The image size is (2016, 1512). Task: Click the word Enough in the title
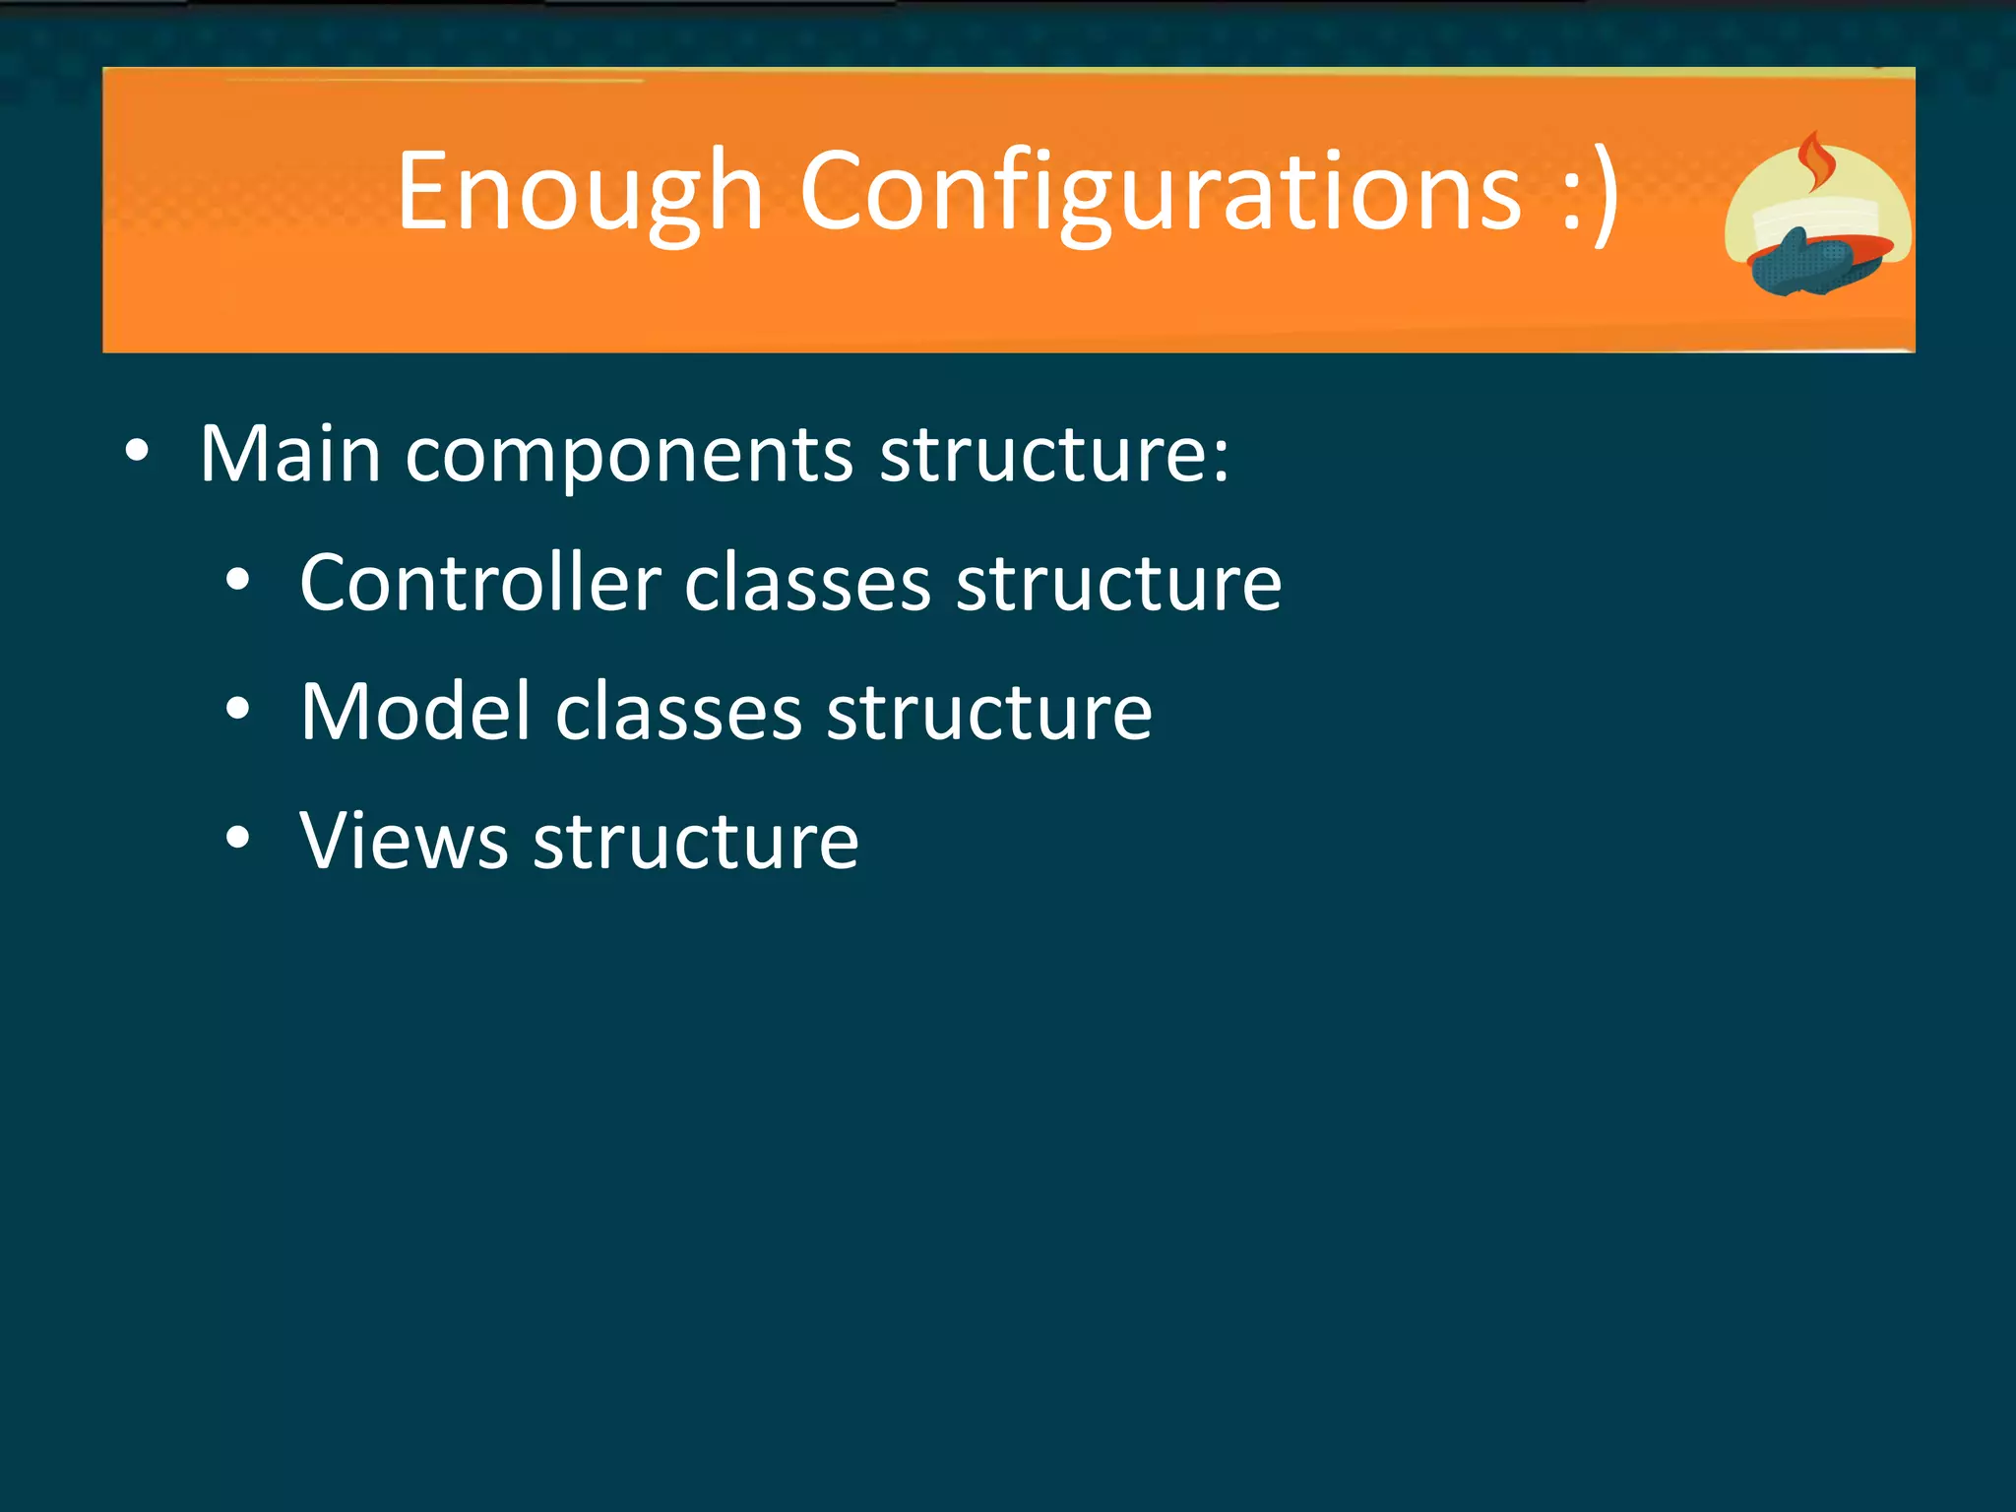tap(581, 192)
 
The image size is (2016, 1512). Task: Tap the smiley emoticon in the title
tap(1590, 192)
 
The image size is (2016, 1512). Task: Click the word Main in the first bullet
tap(290, 455)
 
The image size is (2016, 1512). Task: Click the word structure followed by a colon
tap(1053, 455)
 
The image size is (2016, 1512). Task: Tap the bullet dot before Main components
tap(138, 452)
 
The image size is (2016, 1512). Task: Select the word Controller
tap(480, 583)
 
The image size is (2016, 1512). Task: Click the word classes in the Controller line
tap(807, 583)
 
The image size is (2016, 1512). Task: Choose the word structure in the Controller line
tap(1119, 583)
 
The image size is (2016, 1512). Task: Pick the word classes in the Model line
tap(679, 712)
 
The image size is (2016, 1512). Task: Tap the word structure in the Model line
tap(989, 712)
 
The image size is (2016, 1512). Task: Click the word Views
tap(404, 841)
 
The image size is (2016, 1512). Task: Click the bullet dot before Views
tap(237, 838)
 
